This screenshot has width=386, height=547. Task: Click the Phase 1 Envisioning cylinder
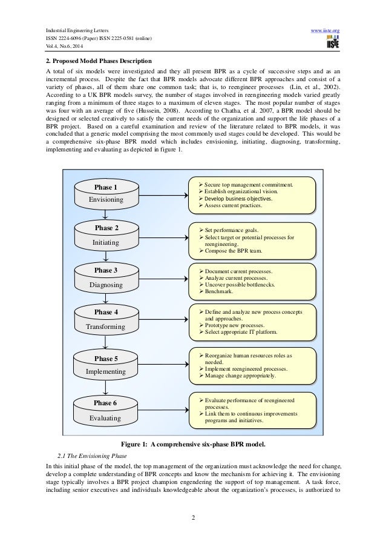tap(106, 193)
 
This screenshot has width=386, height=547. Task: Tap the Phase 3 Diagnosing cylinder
tap(106, 277)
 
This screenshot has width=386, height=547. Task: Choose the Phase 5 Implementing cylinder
tap(105, 363)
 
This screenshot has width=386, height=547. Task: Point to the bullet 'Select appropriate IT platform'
tap(241, 332)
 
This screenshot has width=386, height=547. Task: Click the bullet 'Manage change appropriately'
tap(240, 376)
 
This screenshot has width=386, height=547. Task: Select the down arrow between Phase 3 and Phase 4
tap(106, 298)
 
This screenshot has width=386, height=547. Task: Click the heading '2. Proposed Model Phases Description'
tap(99, 61)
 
